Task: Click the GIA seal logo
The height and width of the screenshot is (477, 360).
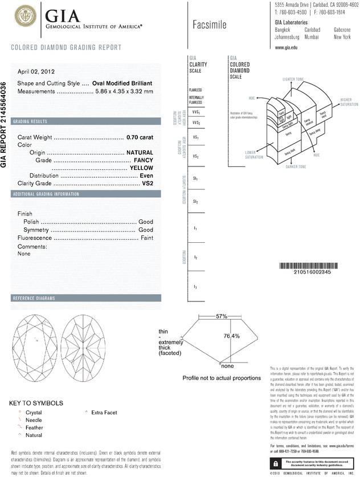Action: click(23, 15)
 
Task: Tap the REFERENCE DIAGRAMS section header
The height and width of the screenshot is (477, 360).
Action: click(34, 299)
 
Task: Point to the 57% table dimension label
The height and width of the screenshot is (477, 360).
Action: click(221, 316)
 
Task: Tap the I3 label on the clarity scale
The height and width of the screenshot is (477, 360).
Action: click(195, 286)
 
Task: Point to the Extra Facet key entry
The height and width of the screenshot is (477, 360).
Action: click(105, 411)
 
